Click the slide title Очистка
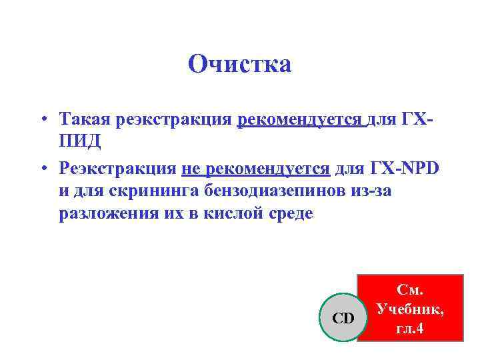coord(240,65)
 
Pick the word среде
coord(290,215)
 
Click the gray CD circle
coord(343,318)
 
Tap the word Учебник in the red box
coord(411,309)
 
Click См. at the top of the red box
coord(411,291)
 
